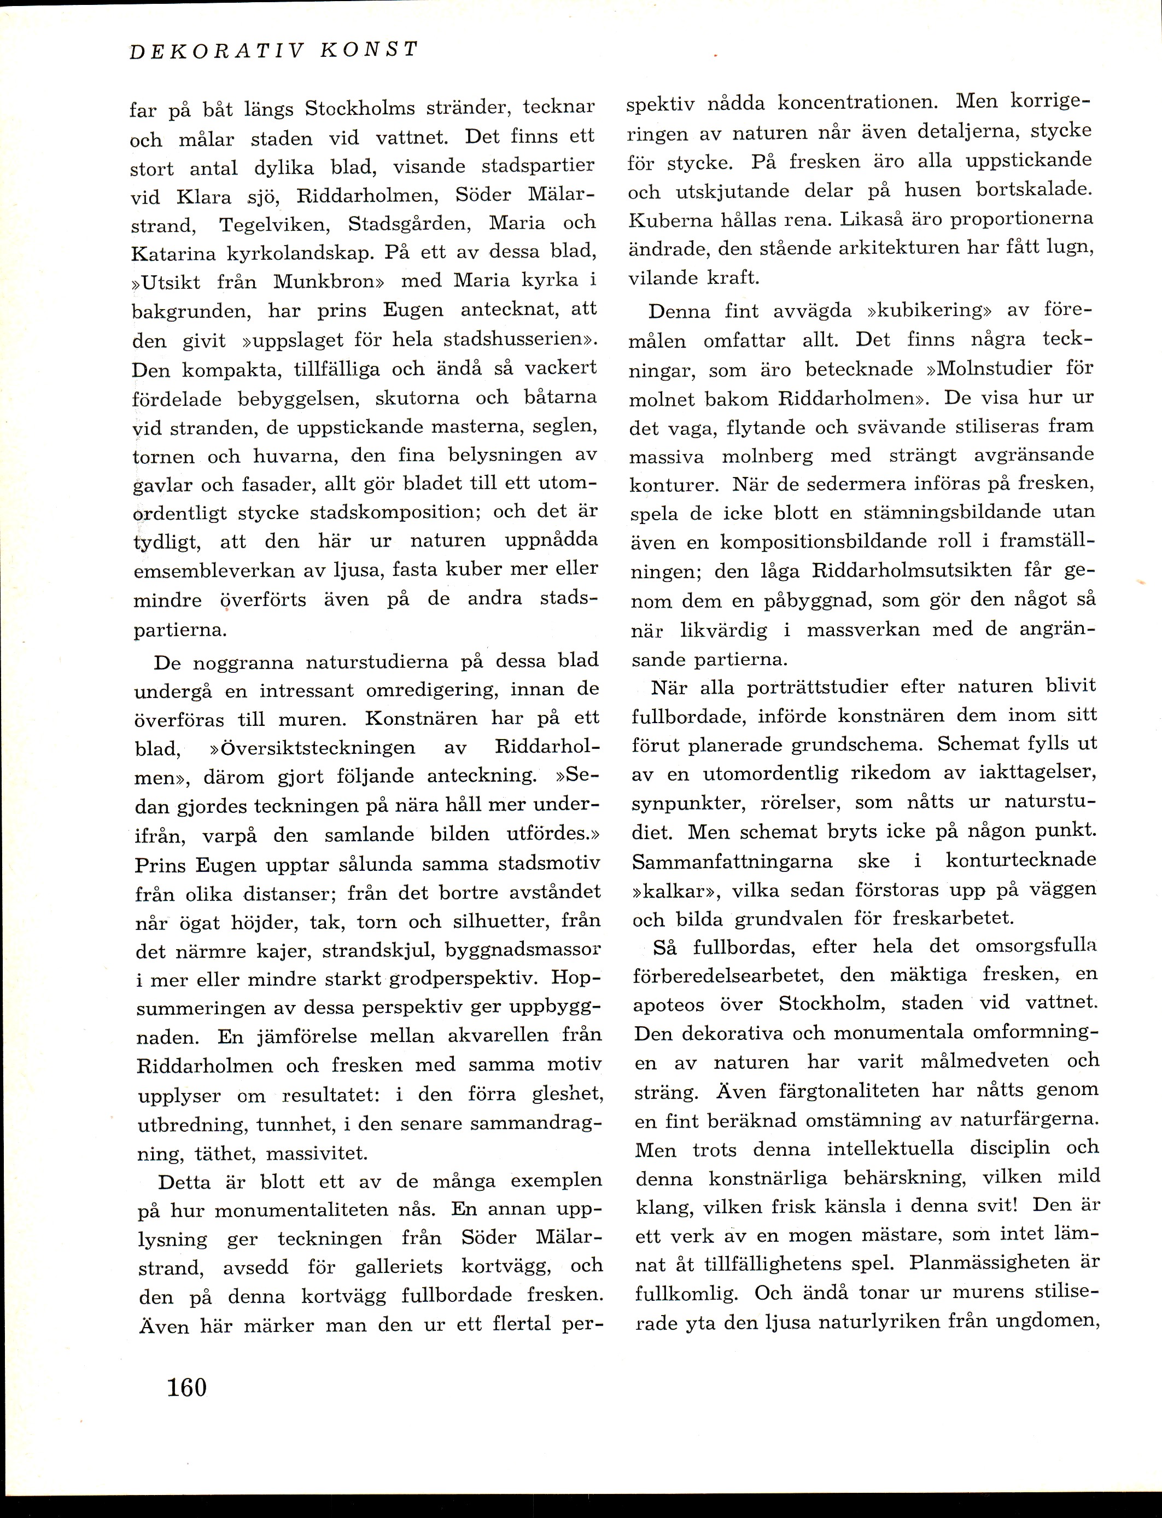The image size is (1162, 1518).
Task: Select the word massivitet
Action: tap(318, 1153)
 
